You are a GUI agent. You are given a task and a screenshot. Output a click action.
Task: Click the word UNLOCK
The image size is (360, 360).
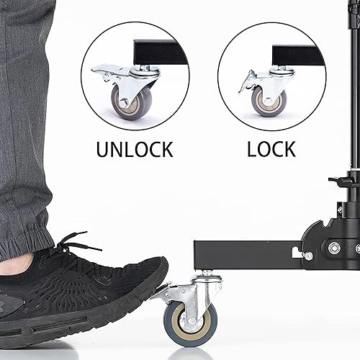point(135,149)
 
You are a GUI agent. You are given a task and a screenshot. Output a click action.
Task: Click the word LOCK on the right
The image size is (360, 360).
point(271,149)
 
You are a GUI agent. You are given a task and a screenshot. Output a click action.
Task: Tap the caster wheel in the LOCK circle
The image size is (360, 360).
point(269,100)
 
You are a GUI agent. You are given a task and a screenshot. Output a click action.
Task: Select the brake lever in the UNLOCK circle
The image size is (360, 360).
point(106,70)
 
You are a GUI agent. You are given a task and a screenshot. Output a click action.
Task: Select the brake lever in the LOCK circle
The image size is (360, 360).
point(248,81)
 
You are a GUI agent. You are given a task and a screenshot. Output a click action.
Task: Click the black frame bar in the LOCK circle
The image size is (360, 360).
point(295,55)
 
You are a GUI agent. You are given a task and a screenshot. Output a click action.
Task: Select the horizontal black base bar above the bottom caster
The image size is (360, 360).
point(245,255)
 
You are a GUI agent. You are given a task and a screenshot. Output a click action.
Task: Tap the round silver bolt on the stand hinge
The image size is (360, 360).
point(334,248)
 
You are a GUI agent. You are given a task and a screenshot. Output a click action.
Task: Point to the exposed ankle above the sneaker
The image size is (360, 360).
point(18,263)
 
